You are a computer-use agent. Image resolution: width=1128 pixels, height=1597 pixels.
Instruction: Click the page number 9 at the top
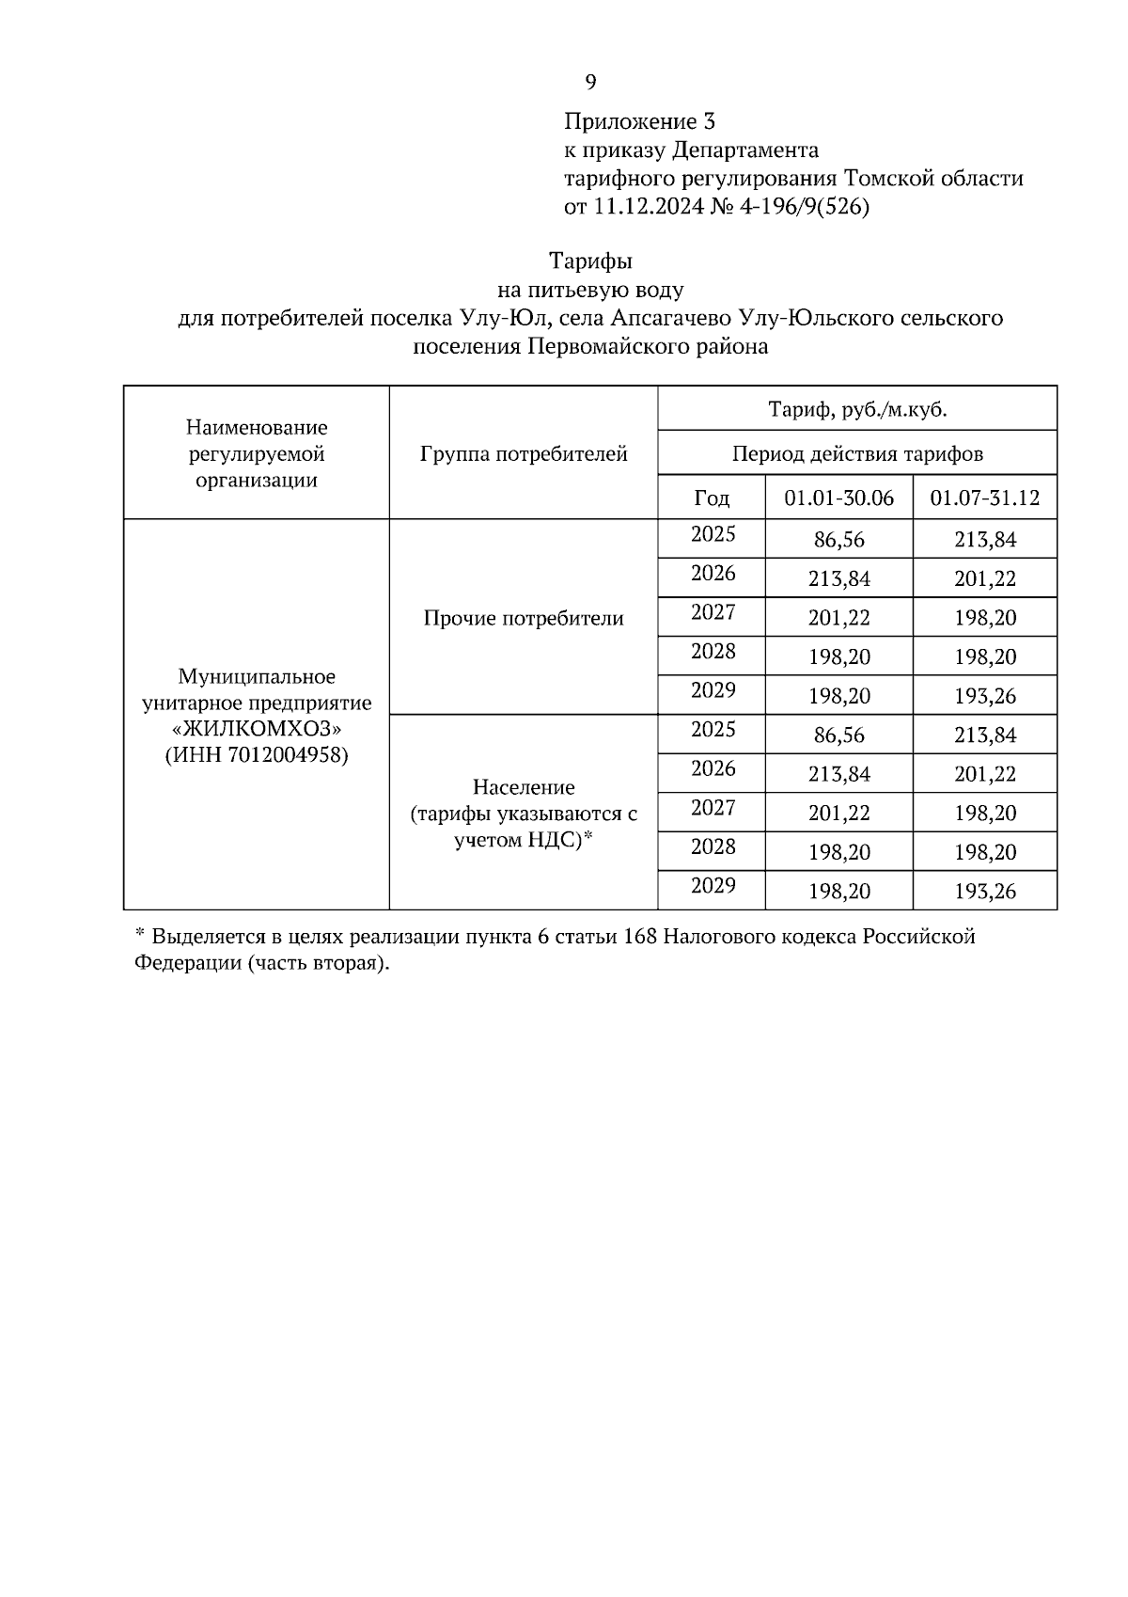590,83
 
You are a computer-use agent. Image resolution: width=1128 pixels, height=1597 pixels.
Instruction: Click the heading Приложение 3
639,121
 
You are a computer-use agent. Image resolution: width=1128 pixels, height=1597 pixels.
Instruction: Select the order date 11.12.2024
648,207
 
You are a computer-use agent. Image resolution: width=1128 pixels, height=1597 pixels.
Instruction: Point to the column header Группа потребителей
524,454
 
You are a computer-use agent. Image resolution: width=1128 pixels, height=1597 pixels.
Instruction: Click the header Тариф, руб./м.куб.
856,409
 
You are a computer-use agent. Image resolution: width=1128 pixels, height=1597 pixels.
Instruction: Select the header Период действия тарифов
856,454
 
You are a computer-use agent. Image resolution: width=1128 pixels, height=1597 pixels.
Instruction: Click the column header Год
712,498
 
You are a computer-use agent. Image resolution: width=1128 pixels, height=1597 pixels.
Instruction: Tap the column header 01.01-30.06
838,498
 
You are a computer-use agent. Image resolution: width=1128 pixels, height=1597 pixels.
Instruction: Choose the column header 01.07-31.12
984,498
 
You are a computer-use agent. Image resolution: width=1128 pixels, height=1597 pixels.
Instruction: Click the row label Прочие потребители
524,618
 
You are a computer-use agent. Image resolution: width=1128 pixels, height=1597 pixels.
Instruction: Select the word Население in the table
524,786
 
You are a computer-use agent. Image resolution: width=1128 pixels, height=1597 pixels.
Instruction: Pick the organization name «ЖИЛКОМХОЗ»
257,729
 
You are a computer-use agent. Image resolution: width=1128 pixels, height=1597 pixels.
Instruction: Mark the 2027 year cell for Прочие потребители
713,613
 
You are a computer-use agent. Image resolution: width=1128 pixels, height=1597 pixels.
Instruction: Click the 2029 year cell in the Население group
713,886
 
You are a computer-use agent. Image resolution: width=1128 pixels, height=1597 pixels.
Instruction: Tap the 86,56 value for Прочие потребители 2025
838,540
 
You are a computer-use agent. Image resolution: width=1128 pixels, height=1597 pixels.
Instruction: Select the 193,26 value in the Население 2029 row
984,891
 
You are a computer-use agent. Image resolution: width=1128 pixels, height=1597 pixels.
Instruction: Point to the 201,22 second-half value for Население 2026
984,774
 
